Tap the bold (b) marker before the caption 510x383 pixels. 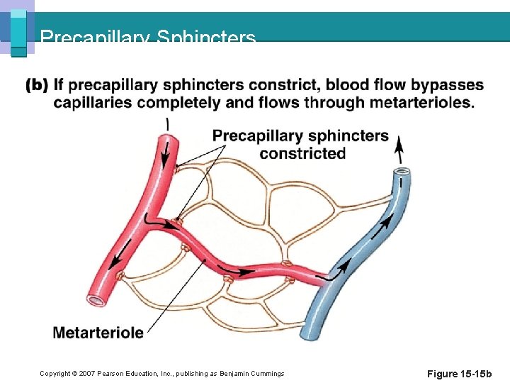[37, 86]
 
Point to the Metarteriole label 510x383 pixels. [98, 332]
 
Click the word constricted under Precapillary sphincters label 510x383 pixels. [302, 153]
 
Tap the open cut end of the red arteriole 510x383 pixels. [96, 300]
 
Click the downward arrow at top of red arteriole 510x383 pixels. [168, 149]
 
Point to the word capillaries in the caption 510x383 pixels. [94, 103]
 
